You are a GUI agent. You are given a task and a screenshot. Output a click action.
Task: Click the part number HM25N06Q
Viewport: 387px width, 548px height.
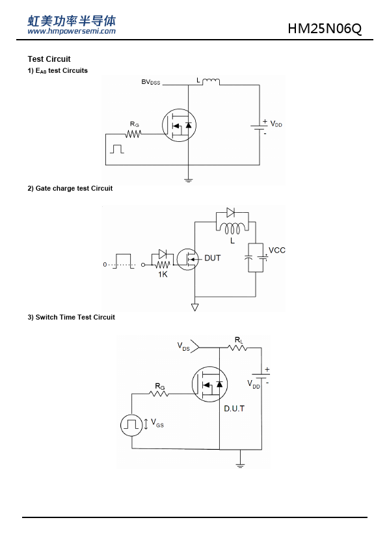point(325,29)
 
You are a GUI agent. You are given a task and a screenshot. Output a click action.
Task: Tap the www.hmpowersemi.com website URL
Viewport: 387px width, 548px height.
point(72,31)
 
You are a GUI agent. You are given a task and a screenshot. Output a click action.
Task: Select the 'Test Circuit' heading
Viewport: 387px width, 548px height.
point(49,59)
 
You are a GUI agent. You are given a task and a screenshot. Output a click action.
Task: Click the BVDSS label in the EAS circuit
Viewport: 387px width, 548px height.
point(150,82)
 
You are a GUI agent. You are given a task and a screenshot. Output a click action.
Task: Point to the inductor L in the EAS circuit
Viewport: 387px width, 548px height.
point(211,81)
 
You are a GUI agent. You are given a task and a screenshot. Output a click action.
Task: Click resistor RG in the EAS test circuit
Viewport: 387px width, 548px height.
point(133,134)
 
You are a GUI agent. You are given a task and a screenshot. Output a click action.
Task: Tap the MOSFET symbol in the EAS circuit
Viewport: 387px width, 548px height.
point(179,125)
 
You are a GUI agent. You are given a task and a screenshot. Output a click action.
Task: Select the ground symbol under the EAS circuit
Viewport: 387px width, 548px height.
point(188,181)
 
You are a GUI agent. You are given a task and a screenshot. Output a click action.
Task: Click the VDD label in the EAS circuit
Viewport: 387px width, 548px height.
point(276,124)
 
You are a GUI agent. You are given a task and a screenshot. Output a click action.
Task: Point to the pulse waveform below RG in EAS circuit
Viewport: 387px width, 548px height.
point(117,149)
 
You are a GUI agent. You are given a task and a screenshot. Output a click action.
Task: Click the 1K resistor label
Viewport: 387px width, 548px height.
point(163,275)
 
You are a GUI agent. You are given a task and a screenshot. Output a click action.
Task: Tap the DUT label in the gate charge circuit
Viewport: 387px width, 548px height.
point(212,258)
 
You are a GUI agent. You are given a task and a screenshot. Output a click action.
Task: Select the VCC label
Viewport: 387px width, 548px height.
point(277,250)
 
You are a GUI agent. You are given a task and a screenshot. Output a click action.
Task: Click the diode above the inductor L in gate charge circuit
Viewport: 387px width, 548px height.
point(230,212)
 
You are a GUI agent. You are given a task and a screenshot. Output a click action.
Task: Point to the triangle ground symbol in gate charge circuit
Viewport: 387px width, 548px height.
point(195,307)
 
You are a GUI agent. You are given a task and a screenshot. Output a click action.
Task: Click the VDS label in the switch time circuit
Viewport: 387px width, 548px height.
point(183,346)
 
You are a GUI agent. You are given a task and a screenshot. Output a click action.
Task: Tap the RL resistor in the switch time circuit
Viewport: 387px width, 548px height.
point(237,348)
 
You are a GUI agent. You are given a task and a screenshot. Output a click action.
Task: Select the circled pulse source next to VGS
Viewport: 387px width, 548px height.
point(131,425)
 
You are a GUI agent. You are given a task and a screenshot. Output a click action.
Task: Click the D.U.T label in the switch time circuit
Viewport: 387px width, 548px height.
point(234,409)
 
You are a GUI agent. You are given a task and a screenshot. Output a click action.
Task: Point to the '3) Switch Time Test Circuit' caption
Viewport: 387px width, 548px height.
point(72,318)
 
